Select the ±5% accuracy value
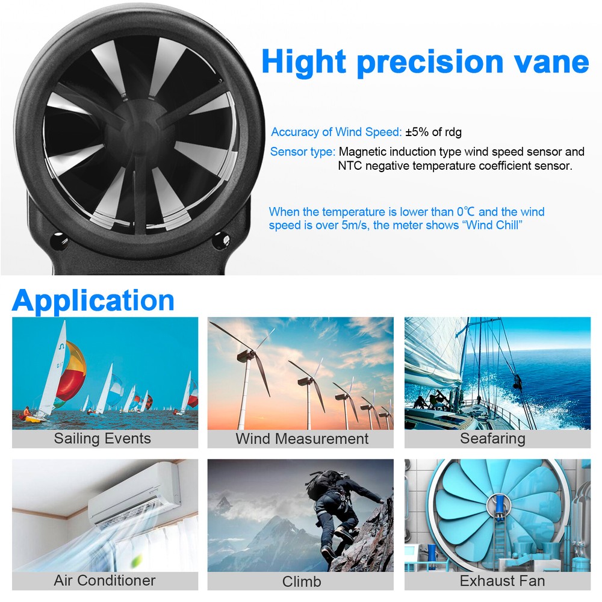click(420, 132)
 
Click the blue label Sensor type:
click(302, 152)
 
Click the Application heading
click(93, 300)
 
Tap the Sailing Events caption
click(102, 438)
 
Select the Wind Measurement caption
click(302, 439)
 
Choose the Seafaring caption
click(492, 439)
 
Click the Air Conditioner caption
click(105, 580)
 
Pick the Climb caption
click(302, 582)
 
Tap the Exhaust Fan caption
click(502, 581)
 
